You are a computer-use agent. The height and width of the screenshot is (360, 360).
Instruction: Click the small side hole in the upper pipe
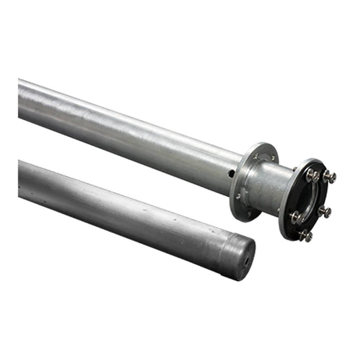pyautogui.click(x=231, y=174)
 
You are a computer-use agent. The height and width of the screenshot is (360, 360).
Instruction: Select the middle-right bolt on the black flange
pyautogui.click(x=325, y=211)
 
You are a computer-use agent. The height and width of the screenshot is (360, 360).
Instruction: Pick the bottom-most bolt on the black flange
pyautogui.click(x=306, y=235)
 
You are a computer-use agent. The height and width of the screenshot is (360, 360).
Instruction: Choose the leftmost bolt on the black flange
pyautogui.click(x=296, y=217)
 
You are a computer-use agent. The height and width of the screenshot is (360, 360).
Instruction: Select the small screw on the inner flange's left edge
pyautogui.click(x=238, y=196)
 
